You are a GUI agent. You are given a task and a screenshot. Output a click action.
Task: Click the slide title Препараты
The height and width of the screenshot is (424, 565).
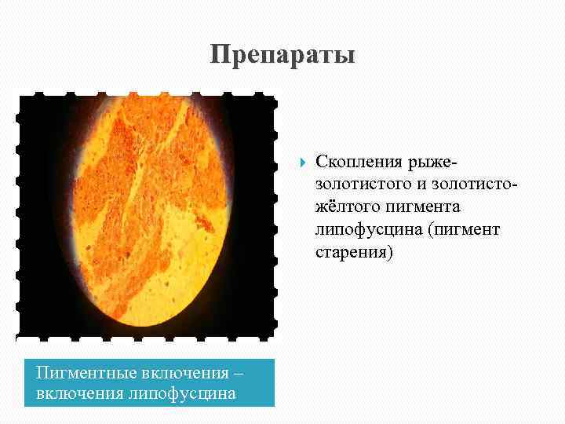tap(282, 56)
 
